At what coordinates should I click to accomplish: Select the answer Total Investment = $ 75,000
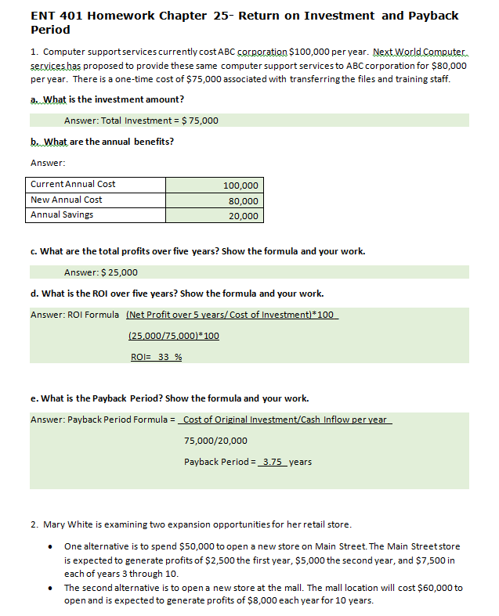[141, 121]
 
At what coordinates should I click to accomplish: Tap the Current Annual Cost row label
[73, 184]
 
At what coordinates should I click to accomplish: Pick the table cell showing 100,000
[240, 186]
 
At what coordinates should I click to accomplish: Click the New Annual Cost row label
[67, 200]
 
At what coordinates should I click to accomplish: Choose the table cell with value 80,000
[243, 201]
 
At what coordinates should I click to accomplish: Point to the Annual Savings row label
[62, 214]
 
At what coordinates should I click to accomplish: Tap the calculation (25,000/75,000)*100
[173, 336]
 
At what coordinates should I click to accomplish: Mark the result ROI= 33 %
[156, 357]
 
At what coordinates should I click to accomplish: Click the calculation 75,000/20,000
[215, 441]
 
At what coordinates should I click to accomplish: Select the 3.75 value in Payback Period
[273, 462]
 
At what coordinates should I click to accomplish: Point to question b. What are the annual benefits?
[102, 142]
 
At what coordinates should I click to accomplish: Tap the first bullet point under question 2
[51, 546]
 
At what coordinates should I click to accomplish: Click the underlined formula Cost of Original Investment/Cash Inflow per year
[285, 420]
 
